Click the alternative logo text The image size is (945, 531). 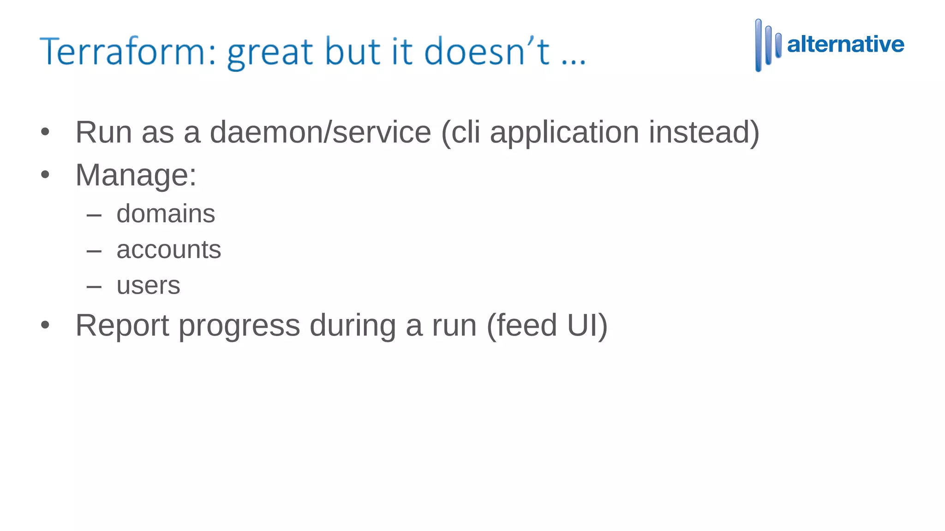click(845, 45)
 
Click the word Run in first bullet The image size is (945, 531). click(104, 132)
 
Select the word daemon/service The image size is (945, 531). click(320, 132)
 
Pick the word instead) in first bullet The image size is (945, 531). click(704, 132)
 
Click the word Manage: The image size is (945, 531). click(136, 176)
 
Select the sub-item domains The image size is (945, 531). click(166, 214)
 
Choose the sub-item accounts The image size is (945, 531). click(168, 250)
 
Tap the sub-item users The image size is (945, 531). click(148, 285)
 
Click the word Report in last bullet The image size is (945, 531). click(122, 326)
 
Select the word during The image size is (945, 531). click(353, 326)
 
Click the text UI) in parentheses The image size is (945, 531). click(587, 326)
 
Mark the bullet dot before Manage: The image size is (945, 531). click(45, 175)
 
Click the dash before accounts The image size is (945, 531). click(94, 251)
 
